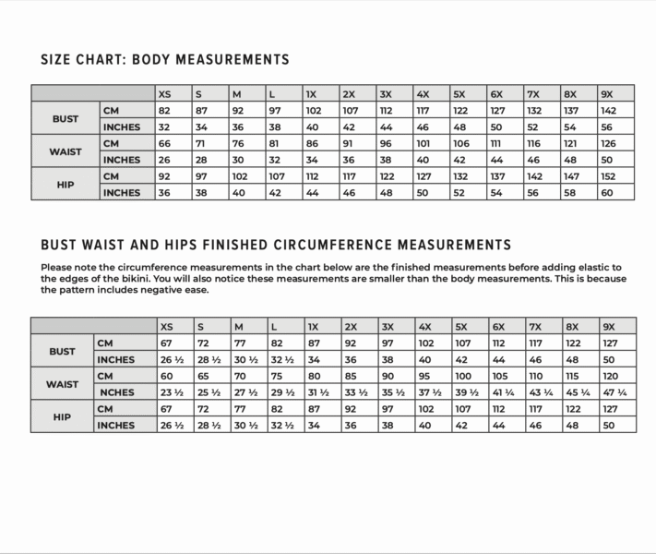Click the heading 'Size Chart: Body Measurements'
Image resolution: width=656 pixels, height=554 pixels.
165,60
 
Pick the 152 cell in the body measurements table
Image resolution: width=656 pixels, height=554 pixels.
609,176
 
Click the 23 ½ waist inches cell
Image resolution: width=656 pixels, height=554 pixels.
172,391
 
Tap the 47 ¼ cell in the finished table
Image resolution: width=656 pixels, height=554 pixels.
614,391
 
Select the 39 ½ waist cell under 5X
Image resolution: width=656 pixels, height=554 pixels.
467,391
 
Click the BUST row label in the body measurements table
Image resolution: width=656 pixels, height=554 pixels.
66,118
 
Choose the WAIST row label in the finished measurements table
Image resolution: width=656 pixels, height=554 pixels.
63,383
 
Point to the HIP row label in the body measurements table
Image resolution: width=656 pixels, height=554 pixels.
66,185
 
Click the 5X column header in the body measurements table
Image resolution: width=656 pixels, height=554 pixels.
459,93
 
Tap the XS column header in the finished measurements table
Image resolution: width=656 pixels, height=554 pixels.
166,326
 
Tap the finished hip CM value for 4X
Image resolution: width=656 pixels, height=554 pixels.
425,408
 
